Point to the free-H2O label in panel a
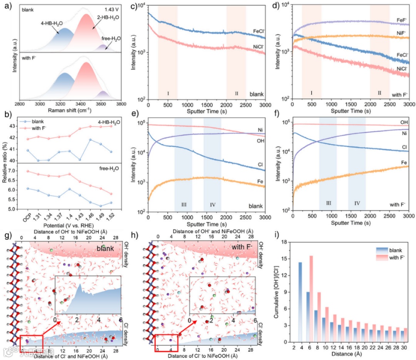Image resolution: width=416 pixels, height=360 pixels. (111, 38)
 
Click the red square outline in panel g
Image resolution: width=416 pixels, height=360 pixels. (31, 343)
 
